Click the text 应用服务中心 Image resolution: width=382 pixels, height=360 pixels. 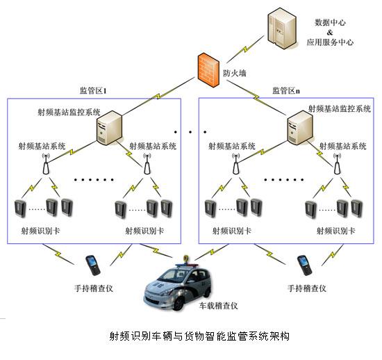click(330, 42)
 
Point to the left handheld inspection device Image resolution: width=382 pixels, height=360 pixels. click(90, 265)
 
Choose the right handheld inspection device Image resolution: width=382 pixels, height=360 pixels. click(303, 265)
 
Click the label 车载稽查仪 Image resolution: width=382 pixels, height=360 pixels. click(220, 305)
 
